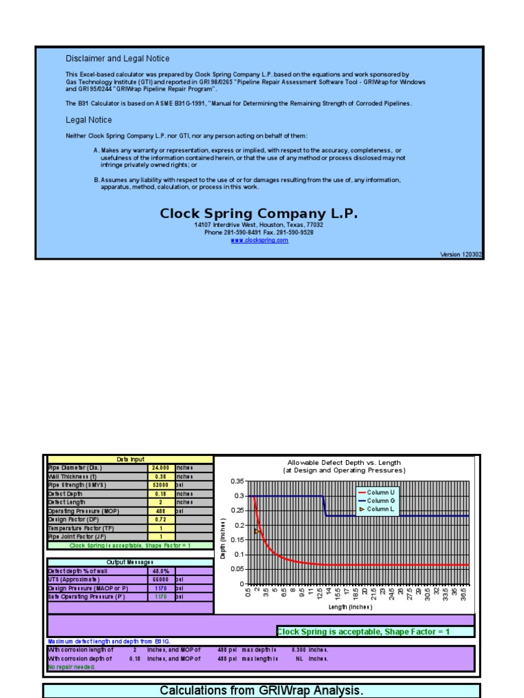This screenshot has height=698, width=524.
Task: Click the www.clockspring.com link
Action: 259,240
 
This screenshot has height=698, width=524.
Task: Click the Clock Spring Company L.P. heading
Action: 259,213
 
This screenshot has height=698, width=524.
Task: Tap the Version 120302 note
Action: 461,254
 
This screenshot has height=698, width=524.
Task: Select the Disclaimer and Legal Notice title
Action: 117,59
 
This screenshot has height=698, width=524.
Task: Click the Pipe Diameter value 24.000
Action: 161,468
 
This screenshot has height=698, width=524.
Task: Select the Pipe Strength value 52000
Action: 161,485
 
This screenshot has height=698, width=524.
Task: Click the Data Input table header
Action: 130,459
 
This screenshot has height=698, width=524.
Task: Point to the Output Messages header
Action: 130,562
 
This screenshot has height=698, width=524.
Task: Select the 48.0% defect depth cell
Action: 161,571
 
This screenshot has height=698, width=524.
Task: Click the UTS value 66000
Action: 161,579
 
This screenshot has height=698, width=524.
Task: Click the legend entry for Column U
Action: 380,492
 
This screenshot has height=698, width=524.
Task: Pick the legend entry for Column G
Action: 380,500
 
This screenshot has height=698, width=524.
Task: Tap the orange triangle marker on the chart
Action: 257,531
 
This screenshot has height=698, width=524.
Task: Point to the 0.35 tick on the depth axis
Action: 237,481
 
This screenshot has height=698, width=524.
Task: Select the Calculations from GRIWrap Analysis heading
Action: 261,691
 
